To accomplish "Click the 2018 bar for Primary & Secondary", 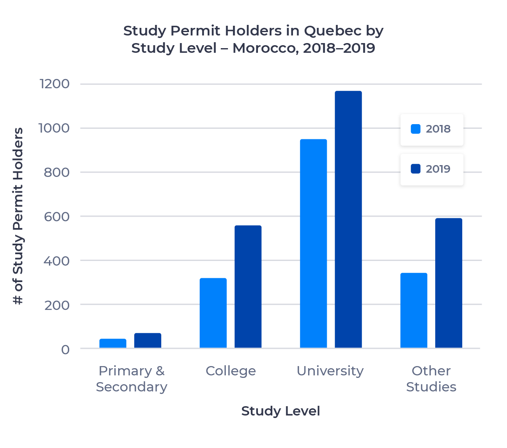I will pos(113,343).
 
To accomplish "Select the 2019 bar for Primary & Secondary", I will pos(148,340).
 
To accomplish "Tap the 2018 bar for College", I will pos(213,313).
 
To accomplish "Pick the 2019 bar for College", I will pos(248,287).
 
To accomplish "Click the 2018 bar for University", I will pos(313,244).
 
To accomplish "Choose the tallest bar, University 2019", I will pos(348,220).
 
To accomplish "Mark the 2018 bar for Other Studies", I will pos(414,310).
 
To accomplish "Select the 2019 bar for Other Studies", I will pos(449,283).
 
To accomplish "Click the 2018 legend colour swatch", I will pos(416,129).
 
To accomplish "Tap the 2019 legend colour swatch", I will pos(416,169).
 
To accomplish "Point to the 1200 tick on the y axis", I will pos(54,84).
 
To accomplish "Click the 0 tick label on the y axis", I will pos(65,350).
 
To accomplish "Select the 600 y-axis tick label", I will pos(57,217).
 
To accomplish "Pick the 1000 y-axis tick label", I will pos(54,128).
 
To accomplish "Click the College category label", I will pos(230,371).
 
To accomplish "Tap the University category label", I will pos(330,371).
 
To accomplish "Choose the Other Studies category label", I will pos(431,379).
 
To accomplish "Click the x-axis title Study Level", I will pos(280,411).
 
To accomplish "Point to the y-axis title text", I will pos(18,216).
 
